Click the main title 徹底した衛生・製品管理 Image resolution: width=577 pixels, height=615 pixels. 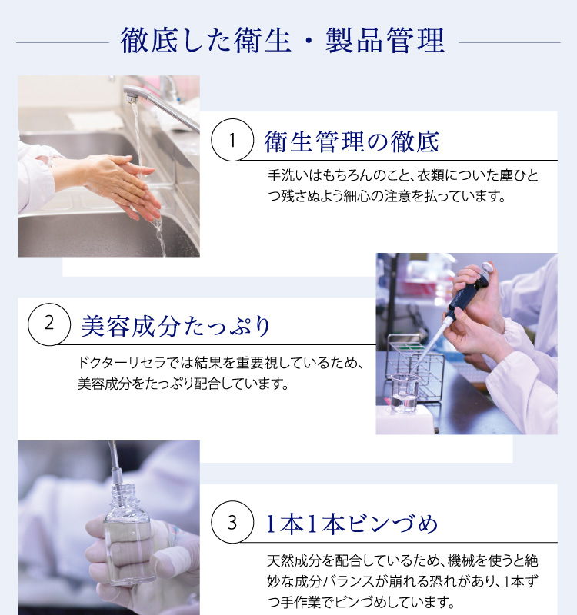pyautogui.click(x=282, y=41)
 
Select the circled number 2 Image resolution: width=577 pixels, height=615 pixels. pyautogui.click(x=49, y=323)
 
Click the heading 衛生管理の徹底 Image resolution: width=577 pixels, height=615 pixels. pyautogui.click(x=352, y=141)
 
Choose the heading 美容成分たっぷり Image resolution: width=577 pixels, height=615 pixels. pyautogui.click(x=176, y=326)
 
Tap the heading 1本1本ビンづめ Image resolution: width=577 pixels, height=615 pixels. pyautogui.click(x=351, y=524)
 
